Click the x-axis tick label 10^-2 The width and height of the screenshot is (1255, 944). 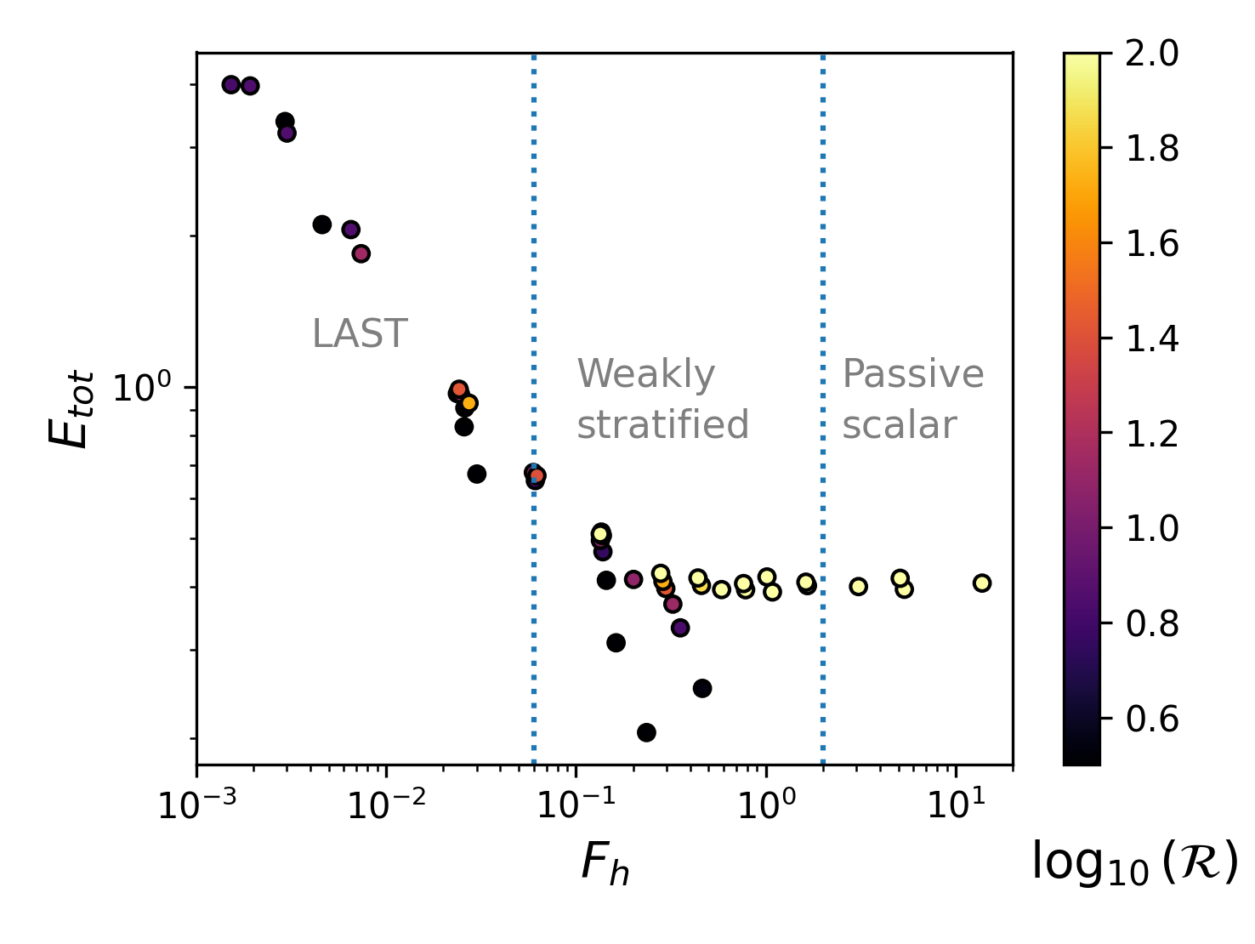click(x=387, y=805)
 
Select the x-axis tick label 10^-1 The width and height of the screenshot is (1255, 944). click(x=576, y=805)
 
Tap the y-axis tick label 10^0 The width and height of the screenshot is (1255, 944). click(x=143, y=389)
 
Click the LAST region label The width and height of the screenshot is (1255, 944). click(x=360, y=334)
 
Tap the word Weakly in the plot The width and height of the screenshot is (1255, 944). click(x=646, y=374)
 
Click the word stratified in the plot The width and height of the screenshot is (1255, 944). click(x=663, y=424)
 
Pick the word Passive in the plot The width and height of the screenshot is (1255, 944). click(x=913, y=374)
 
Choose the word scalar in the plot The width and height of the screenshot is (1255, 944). click(x=900, y=424)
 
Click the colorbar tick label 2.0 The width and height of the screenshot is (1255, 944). click(x=1152, y=54)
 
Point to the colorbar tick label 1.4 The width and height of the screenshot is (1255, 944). click(x=1152, y=338)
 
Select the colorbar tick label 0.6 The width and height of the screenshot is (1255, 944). click(x=1152, y=719)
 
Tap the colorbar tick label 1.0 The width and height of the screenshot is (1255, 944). click(x=1152, y=528)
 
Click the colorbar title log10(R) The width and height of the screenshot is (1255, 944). click(x=1134, y=862)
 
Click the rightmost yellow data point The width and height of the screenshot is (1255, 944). click(x=982, y=583)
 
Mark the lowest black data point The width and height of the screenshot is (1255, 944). click(x=646, y=732)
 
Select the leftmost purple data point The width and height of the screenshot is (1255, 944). click(x=230, y=84)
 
